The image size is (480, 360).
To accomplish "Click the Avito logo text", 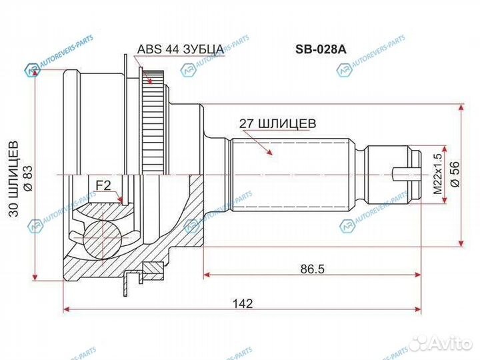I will pyautogui.click(x=453, y=341).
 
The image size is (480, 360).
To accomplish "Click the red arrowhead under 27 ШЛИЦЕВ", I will pyautogui.click(x=270, y=153).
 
